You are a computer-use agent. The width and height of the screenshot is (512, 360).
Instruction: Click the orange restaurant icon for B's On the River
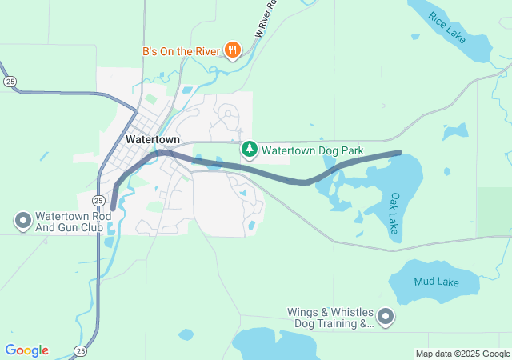(233, 50)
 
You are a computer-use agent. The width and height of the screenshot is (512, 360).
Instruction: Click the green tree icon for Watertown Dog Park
(250, 150)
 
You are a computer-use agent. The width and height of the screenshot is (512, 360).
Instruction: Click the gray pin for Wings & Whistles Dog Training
(386, 318)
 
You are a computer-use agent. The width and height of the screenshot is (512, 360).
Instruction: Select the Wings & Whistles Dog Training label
(331, 318)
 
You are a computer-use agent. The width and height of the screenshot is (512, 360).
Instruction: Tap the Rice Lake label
(446, 26)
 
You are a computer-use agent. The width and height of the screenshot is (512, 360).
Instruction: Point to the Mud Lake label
(434, 282)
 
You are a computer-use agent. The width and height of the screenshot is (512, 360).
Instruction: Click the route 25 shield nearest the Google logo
(80, 350)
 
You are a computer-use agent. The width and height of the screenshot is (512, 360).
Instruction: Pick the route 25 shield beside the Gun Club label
(97, 200)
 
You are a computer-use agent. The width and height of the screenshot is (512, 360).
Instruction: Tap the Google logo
(26, 350)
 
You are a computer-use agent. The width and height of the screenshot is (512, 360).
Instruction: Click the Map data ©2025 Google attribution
(462, 354)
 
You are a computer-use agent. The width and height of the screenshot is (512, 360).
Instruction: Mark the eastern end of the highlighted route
(398, 152)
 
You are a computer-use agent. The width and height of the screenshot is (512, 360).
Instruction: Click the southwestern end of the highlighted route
(113, 208)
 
